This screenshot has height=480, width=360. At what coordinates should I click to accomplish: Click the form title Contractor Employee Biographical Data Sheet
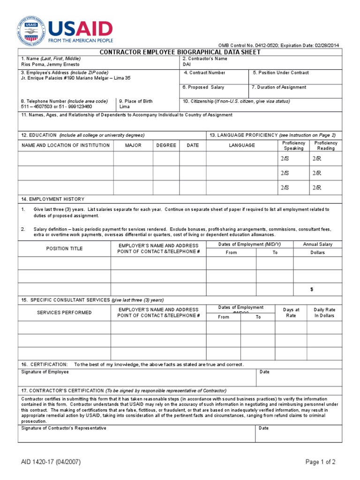[180, 52]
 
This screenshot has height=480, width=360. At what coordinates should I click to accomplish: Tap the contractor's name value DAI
[187, 64]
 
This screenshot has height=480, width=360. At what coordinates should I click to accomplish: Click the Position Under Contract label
[281, 73]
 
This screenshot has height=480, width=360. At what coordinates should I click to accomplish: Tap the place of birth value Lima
[125, 106]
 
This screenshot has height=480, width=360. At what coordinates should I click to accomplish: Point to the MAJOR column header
[133, 145]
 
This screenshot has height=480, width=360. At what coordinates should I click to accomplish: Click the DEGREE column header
[166, 145]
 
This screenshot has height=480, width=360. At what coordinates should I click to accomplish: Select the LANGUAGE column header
[242, 145]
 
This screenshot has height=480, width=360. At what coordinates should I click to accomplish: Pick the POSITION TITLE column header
[64, 248]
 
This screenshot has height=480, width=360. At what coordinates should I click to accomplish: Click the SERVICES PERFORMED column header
[64, 313]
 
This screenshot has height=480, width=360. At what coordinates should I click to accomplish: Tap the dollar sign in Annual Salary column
[312, 290]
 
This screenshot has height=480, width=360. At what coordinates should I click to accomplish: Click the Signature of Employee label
[45, 372]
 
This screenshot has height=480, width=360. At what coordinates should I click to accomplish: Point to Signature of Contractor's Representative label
[64, 428]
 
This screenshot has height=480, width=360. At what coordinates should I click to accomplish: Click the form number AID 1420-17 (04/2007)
[51, 462]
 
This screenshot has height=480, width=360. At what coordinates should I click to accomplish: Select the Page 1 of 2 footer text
[320, 462]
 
